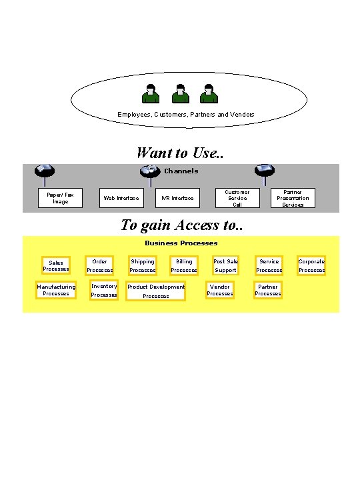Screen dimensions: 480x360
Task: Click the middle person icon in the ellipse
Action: click(x=181, y=94)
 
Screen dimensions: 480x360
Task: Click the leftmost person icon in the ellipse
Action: click(x=152, y=94)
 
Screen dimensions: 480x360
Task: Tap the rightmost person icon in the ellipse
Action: click(x=209, y=94)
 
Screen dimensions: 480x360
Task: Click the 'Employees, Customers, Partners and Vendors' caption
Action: click(x=186, y=115)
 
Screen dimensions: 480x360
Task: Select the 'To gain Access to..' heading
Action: click(x=181, y=225)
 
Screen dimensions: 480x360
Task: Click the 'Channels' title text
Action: click(x=181, y=171)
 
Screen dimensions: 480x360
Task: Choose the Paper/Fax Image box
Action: click(x=60, y=198)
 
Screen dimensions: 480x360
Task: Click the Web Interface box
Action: click(x=121, y=198)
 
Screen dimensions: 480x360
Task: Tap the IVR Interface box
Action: click(x=178, y=198)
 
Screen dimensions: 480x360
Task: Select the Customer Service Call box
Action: click(x=237, y=198)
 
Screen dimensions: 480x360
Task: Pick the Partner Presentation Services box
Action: click(x=293, y=198)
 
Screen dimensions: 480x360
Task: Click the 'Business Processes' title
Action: click(x=181, y=243)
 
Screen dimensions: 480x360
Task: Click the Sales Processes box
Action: click(x=56, y=266)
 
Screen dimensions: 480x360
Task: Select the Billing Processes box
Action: click(x=183, y=266)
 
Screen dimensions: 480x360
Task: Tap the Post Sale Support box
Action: click(x=225, y=266)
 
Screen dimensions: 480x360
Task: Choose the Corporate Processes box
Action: click(x=311, y=266)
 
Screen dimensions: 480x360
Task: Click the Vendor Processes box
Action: click(x=220, y=290)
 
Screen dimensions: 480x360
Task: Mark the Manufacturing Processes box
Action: click(x=56, y=290)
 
